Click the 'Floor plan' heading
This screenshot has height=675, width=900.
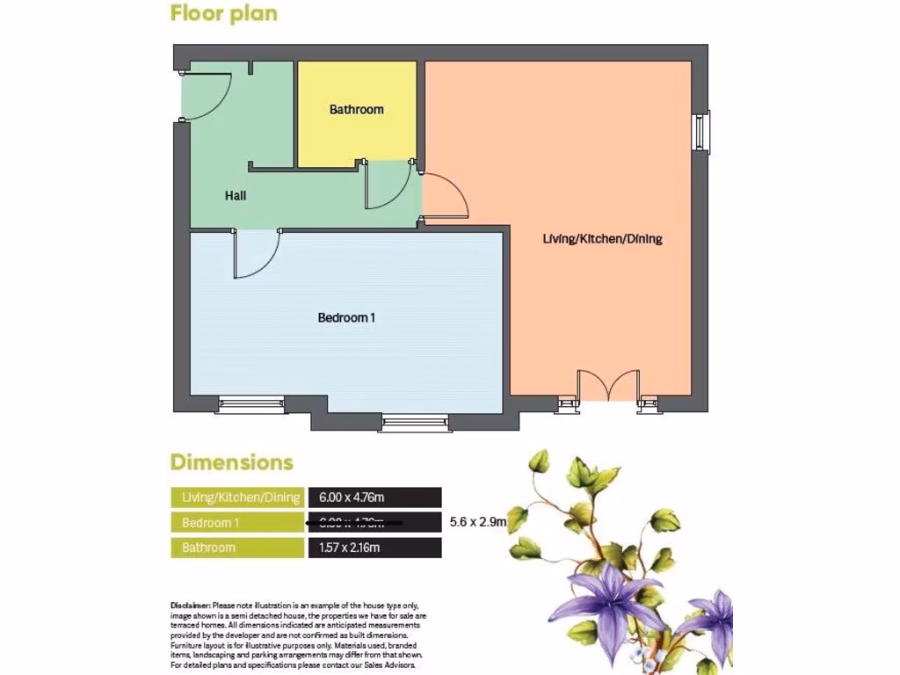point(223,13)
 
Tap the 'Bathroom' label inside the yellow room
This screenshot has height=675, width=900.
point(356,110)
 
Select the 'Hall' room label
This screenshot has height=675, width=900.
point(235,196)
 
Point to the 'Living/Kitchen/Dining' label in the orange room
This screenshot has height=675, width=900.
point(602,239)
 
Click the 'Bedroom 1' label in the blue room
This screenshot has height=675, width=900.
point(346,317)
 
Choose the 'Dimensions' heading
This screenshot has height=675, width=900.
point(231,462)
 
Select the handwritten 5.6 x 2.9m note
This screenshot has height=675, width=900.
point(477,522)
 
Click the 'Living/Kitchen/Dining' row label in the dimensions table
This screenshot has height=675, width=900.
point(240,497)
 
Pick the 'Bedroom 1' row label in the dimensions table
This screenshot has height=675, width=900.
point(211,523)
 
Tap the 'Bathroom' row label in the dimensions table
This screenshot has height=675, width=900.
point(208,548)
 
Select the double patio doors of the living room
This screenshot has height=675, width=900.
point(608,387)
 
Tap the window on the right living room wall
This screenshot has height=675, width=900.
point(701,132)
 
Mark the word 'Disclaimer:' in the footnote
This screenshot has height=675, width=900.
point(190,606)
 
